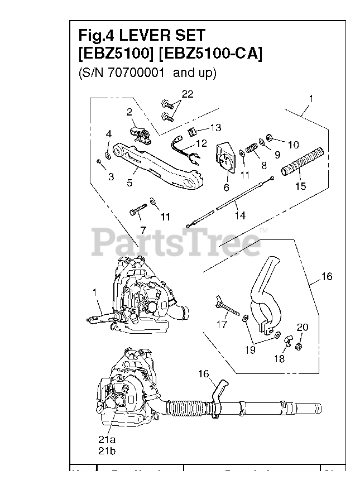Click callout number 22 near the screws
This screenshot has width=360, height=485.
[187, 94]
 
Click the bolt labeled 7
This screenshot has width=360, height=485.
[138, 213]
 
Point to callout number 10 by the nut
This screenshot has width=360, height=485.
[293, 145]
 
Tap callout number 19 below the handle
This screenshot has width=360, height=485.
[249, 349]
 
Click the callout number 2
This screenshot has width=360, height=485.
[129, 112]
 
